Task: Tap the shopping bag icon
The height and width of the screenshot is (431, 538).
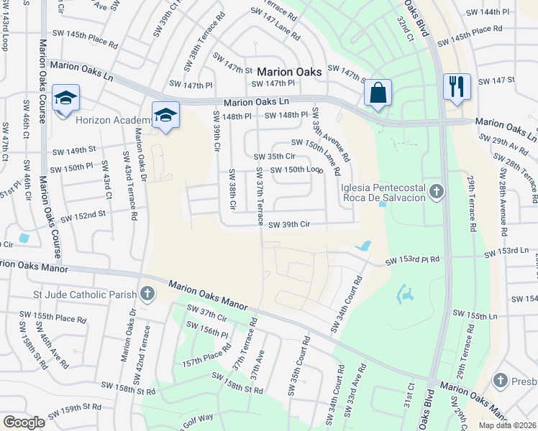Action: [x=377, y=93]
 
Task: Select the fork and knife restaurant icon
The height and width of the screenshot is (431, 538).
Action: [x=456, y=87]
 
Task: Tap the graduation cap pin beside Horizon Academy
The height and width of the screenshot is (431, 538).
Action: [x=165, y=116]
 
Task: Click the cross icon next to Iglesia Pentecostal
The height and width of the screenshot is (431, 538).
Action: [x=437, y=191]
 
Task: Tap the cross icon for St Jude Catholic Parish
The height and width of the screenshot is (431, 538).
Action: [x=147, y=293]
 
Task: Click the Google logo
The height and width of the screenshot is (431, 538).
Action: [x=24, y=422]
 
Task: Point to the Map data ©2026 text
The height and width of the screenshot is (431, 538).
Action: [x=507, y=425]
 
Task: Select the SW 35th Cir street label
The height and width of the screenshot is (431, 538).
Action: [x=275, y=156]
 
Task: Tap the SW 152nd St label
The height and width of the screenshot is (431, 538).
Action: [x=83, y=215]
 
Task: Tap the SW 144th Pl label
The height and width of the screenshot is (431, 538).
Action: [x=491, y=13]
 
